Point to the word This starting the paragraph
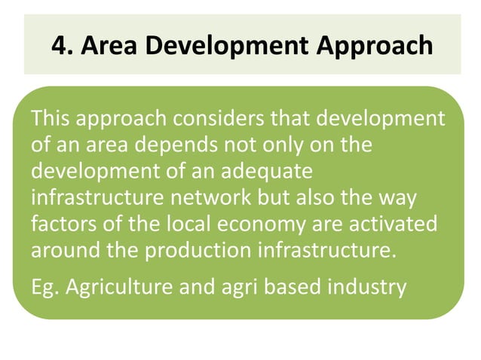[x=51, y=118]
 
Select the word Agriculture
[x=118, y=287]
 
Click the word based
[x=293, y=287]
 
